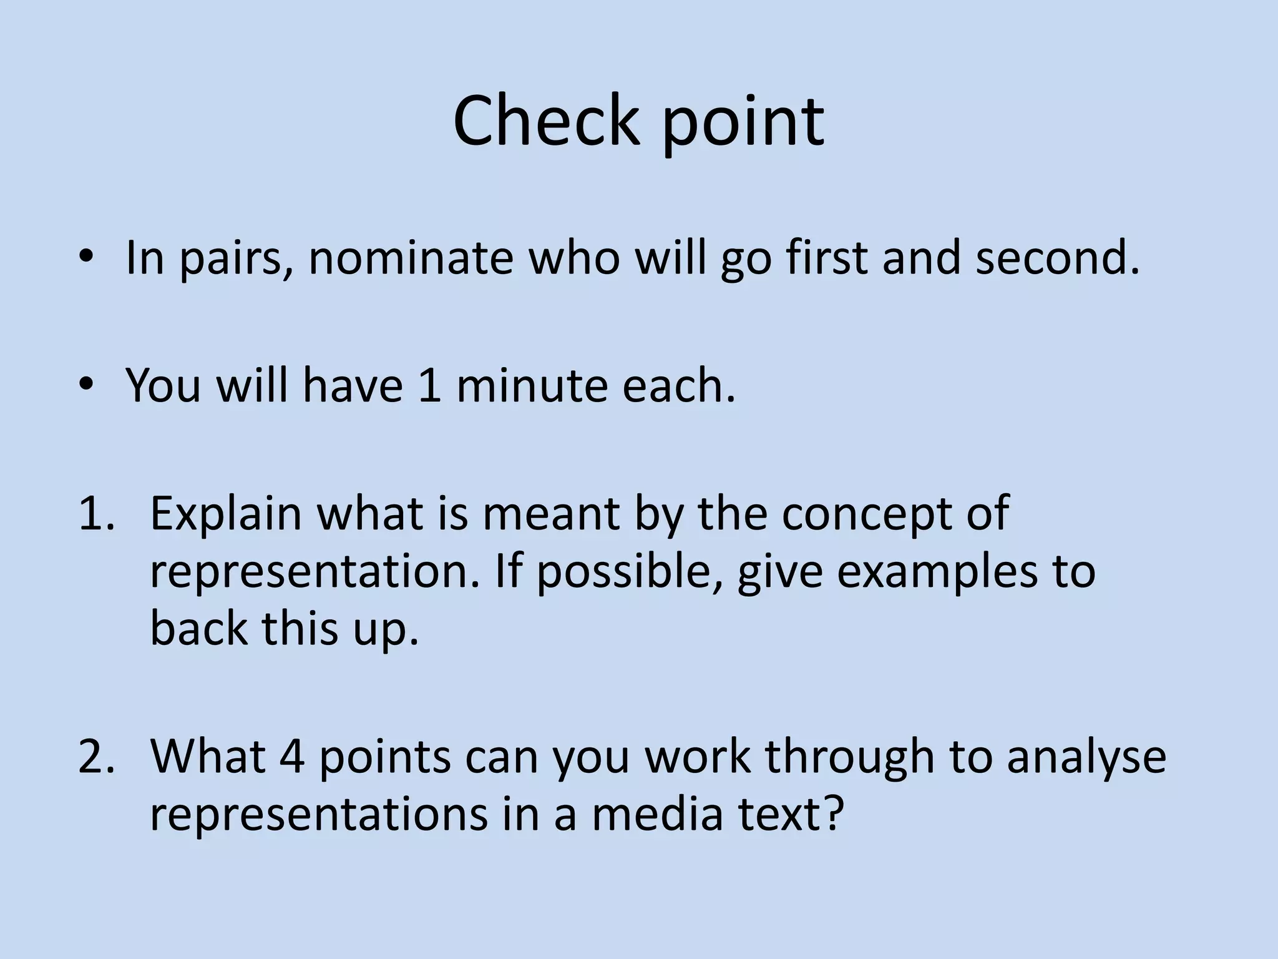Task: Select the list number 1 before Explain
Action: [x=95, y=513]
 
